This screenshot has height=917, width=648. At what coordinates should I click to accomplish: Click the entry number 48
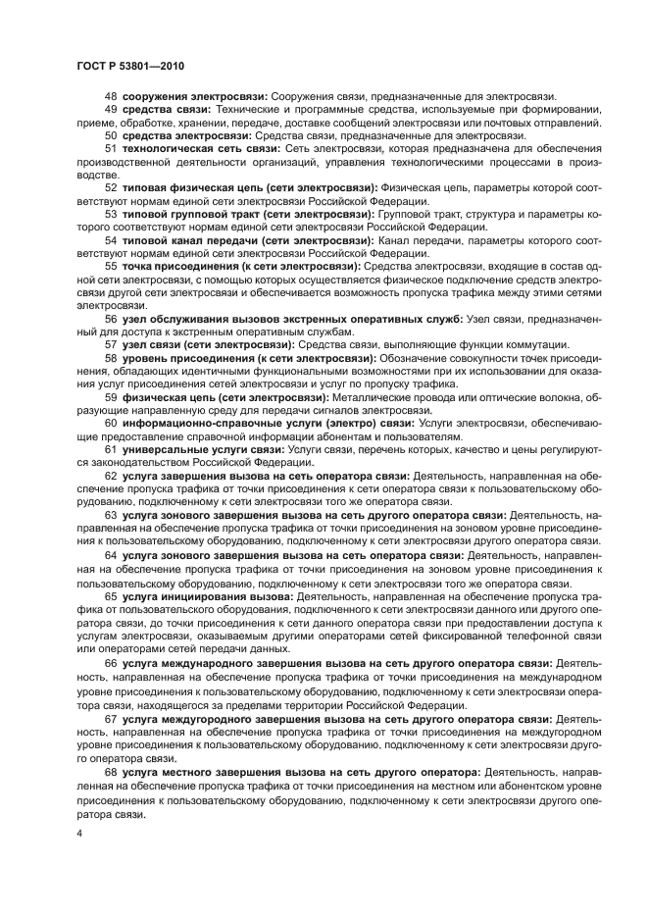[111, 96]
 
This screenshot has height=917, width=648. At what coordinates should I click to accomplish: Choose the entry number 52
[111, 186]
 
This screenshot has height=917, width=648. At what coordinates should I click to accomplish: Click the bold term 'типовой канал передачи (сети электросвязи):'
[245, 239]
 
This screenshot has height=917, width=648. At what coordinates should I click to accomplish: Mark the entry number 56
[111, 319]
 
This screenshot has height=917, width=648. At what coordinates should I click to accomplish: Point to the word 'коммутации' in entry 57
[537, 345]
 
